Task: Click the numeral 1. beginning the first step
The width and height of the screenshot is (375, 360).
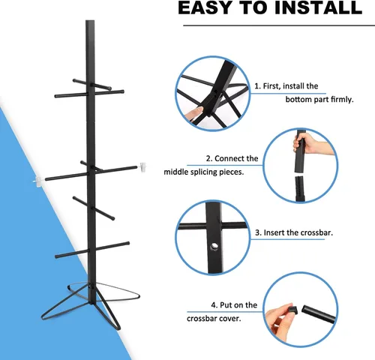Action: tap(258, 86)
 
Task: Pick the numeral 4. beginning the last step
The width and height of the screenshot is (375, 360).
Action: tap(214, 305)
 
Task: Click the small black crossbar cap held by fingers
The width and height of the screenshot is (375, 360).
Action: tap(292, 309)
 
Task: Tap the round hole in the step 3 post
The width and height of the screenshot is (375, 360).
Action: tap(214, 247)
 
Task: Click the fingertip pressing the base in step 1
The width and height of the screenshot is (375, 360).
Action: tap(196, 112)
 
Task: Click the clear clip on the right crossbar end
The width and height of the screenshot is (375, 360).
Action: tap(142, 167)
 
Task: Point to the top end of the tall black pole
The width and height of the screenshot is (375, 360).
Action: tap(90, 21)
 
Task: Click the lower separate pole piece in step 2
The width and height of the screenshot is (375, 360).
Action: tap(300, 189)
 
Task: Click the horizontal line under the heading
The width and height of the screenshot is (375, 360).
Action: tap(279, 25)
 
